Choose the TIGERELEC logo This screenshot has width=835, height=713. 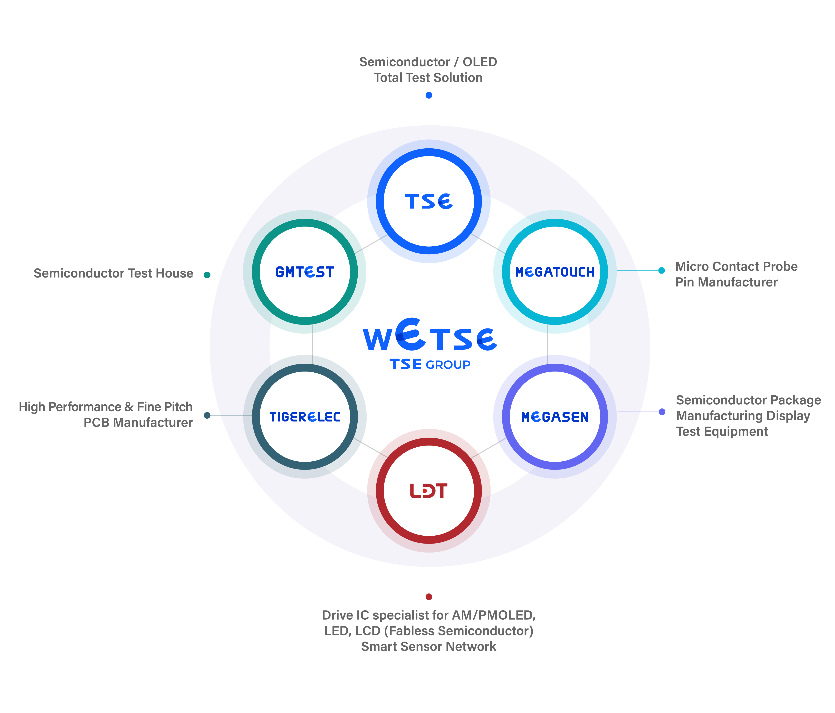pos(305,417)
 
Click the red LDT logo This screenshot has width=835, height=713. pos(429,491)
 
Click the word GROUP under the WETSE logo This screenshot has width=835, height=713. pos(448,365)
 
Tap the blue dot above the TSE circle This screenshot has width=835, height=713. pos(429,95)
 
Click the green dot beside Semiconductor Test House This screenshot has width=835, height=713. pos(207,275)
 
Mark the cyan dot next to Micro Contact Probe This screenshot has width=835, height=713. pos(661,270)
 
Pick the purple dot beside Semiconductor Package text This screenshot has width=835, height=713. pos(662,412)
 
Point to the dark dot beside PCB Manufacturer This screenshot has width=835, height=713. pos(207,415)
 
